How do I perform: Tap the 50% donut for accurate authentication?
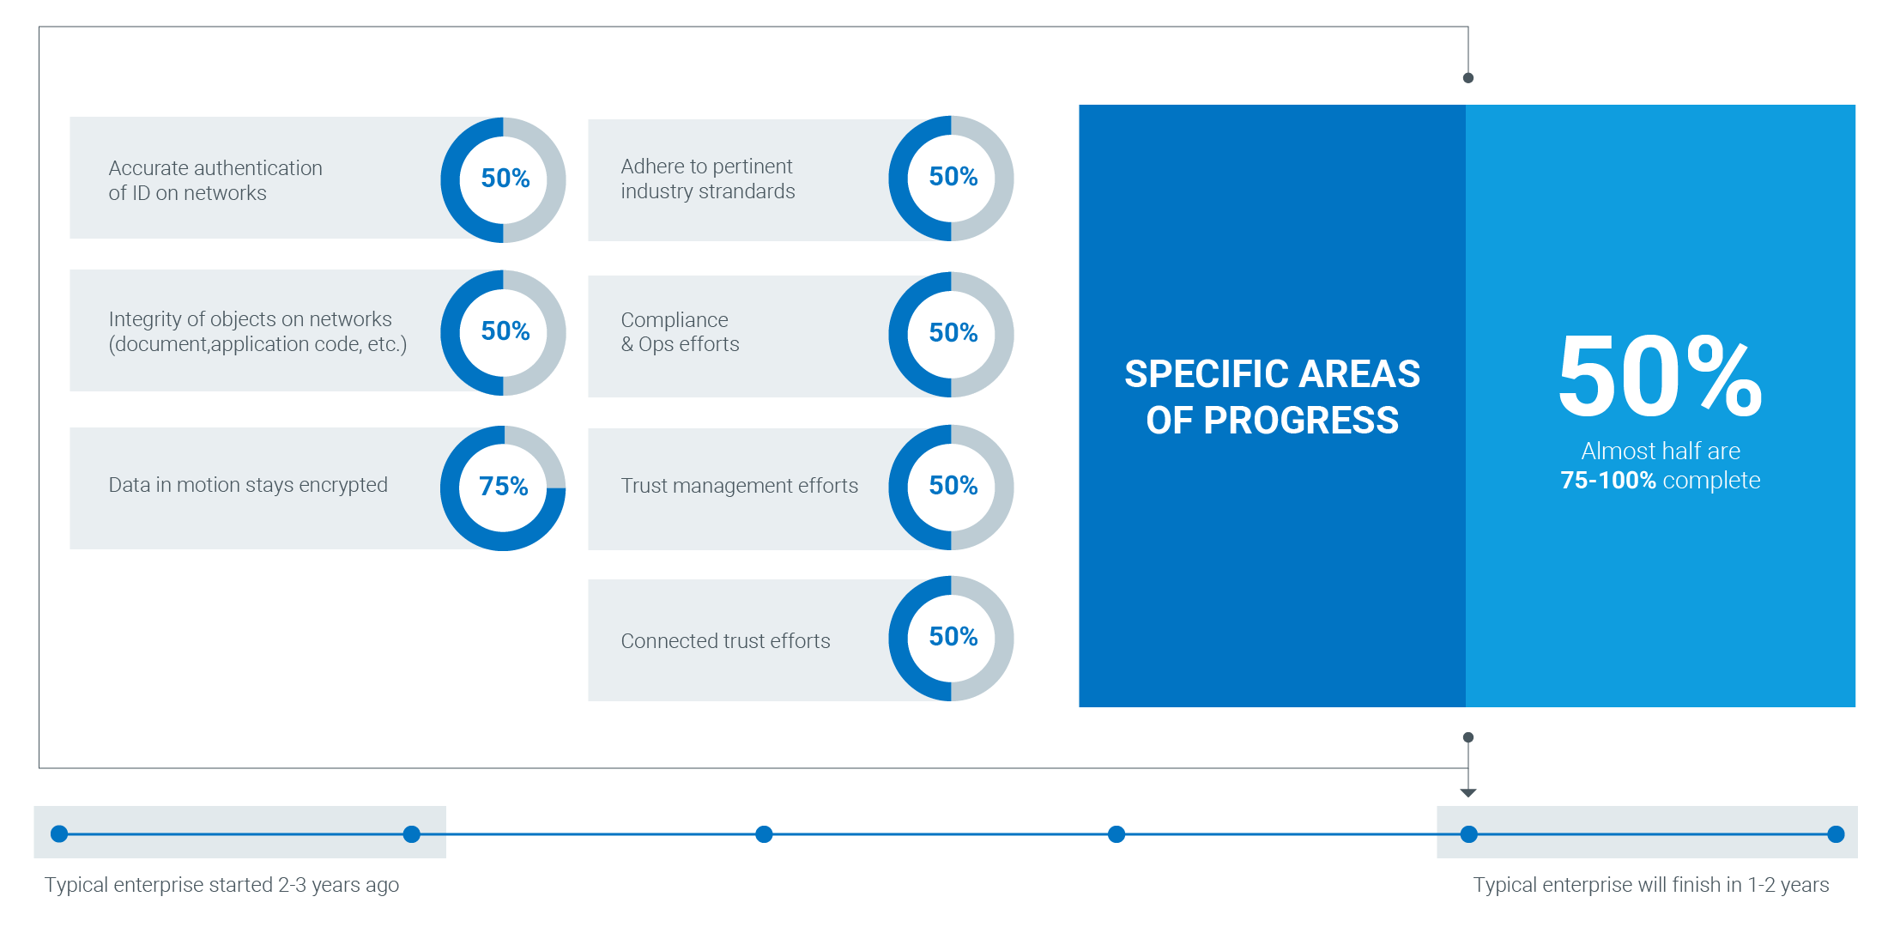(x=451, y=180)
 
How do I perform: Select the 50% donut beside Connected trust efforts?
(x=899, y=639)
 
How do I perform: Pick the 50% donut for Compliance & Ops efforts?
(x=899, y=335)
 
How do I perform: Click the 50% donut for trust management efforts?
(x=899, y=488)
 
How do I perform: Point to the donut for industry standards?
(x=899, y=179)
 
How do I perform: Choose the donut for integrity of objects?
(x=451, y=333)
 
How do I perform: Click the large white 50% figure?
(x=1661, y=377)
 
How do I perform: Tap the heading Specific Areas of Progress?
(x=1272, y=397)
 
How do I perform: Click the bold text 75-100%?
(x=1607, y=480)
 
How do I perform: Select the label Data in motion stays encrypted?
(x=248, y=485)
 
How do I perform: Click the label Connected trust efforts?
(x=725, y=641)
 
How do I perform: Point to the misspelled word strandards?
(x=747, y=191)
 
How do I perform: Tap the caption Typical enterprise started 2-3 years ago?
(x=221, y=885)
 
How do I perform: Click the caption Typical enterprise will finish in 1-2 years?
(x=1651, y=885)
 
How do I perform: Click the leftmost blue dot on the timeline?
(x=59, y=833)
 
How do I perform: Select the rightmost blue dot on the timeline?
(x=1836, y=833)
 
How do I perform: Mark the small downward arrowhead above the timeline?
(x=1468, y=793)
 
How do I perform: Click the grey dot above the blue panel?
(x=1468, y=78)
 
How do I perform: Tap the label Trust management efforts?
(x=739, y=486)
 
